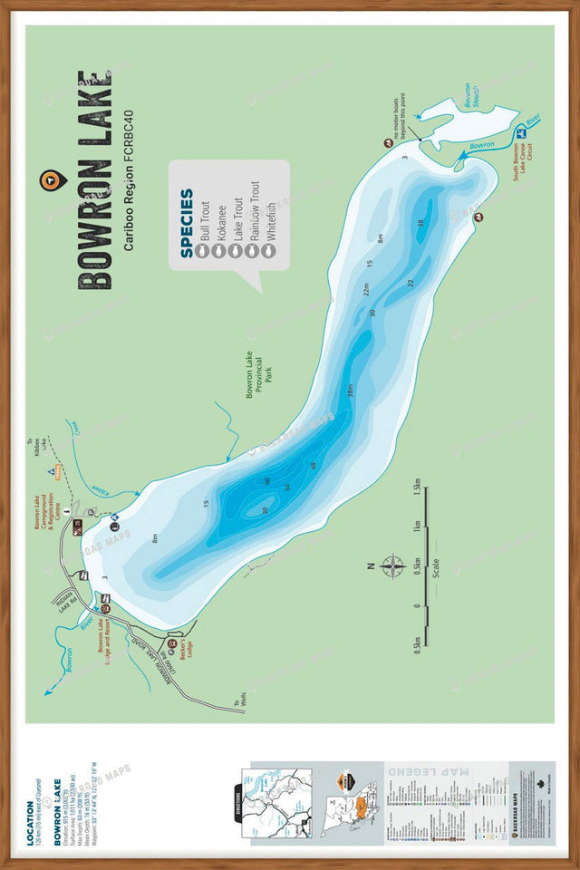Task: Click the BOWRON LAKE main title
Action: click(x=96, y=180)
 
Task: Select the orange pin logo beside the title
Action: click(x=48, y=180)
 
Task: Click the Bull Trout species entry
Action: click(x=205, y=219)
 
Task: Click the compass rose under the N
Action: click(x=393, y=567)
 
